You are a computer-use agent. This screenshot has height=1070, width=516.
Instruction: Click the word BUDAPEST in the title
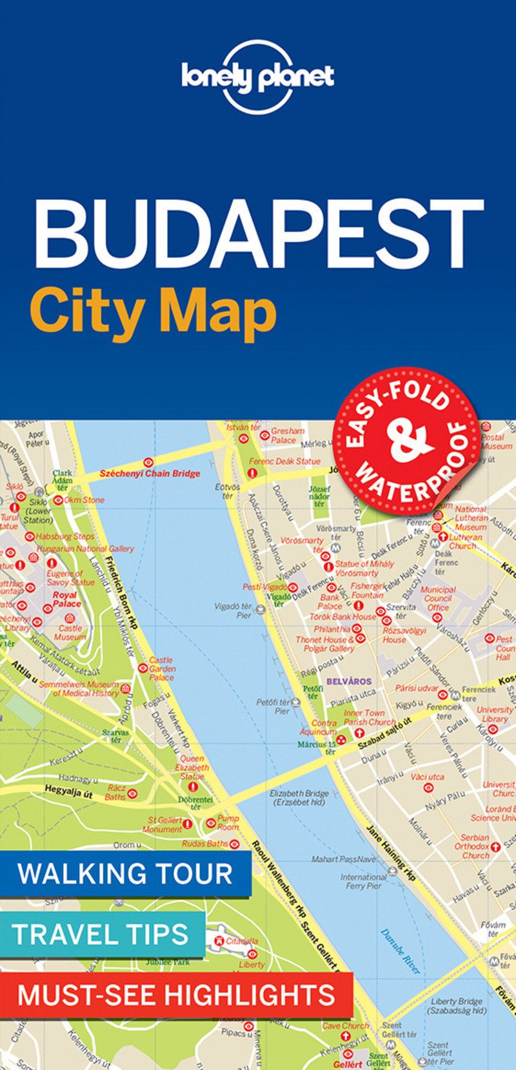[258, 233]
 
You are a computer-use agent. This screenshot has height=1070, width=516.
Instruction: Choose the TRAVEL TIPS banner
[101, 934]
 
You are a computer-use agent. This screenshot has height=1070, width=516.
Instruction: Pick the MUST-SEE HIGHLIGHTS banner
[175, 994]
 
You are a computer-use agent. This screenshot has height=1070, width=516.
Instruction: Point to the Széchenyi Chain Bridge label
[150, 473]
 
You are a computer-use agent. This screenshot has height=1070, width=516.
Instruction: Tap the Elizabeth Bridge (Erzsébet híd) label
[299, 798]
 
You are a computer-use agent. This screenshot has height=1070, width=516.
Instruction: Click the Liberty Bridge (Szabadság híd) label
[457, 1006]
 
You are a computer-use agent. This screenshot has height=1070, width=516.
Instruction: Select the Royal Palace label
[66, 600]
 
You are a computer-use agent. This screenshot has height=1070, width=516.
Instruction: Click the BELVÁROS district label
[349, 681]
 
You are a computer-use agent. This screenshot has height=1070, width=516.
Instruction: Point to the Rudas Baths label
[204, 843]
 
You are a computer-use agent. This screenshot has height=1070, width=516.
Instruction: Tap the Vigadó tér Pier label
[234, 611]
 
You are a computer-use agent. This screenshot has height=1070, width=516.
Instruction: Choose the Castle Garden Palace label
[161, 669]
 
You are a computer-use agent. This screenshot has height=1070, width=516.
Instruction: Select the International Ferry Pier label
[364, 882]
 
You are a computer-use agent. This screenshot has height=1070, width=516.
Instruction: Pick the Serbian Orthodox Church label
[475, 846]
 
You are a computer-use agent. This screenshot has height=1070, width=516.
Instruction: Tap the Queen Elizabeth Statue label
[192, 767]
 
